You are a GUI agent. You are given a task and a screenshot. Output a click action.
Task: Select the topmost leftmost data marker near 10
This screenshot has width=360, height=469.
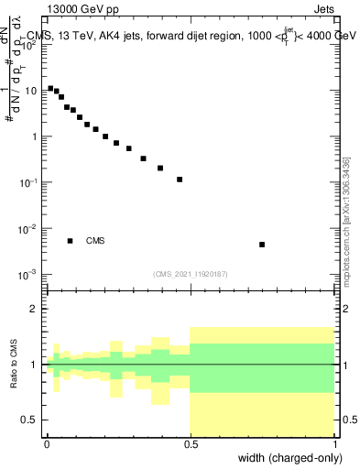pyautogui.click(x=50, y=89)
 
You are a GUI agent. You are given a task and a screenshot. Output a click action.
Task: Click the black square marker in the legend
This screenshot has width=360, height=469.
pyautogui.click(x=70, y=241)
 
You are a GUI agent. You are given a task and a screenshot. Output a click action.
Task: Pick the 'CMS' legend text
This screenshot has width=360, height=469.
pyautogui.click(x=95, y=241)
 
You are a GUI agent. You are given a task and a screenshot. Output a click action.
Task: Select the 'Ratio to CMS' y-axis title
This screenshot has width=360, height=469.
pyautogui.click(x=16, y=364)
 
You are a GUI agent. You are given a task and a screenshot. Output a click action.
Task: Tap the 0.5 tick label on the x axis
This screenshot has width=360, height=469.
pyautogui.click(x=190, y=443)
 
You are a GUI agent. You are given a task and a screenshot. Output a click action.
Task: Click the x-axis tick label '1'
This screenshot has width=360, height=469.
pyautogui.click(x=333, y=443)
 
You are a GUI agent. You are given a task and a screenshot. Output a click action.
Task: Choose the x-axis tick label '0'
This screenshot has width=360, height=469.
pyautogui.click(x=47, y=443)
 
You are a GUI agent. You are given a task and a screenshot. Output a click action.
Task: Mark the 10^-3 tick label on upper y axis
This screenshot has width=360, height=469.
pyautogui.click(x=28, y=274)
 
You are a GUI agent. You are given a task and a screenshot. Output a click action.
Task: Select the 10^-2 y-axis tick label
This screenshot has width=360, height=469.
pyautogui.click(x=28, y=228)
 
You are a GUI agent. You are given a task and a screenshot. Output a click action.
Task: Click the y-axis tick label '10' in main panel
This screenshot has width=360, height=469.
pyautogui.click(x=30, y=91)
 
